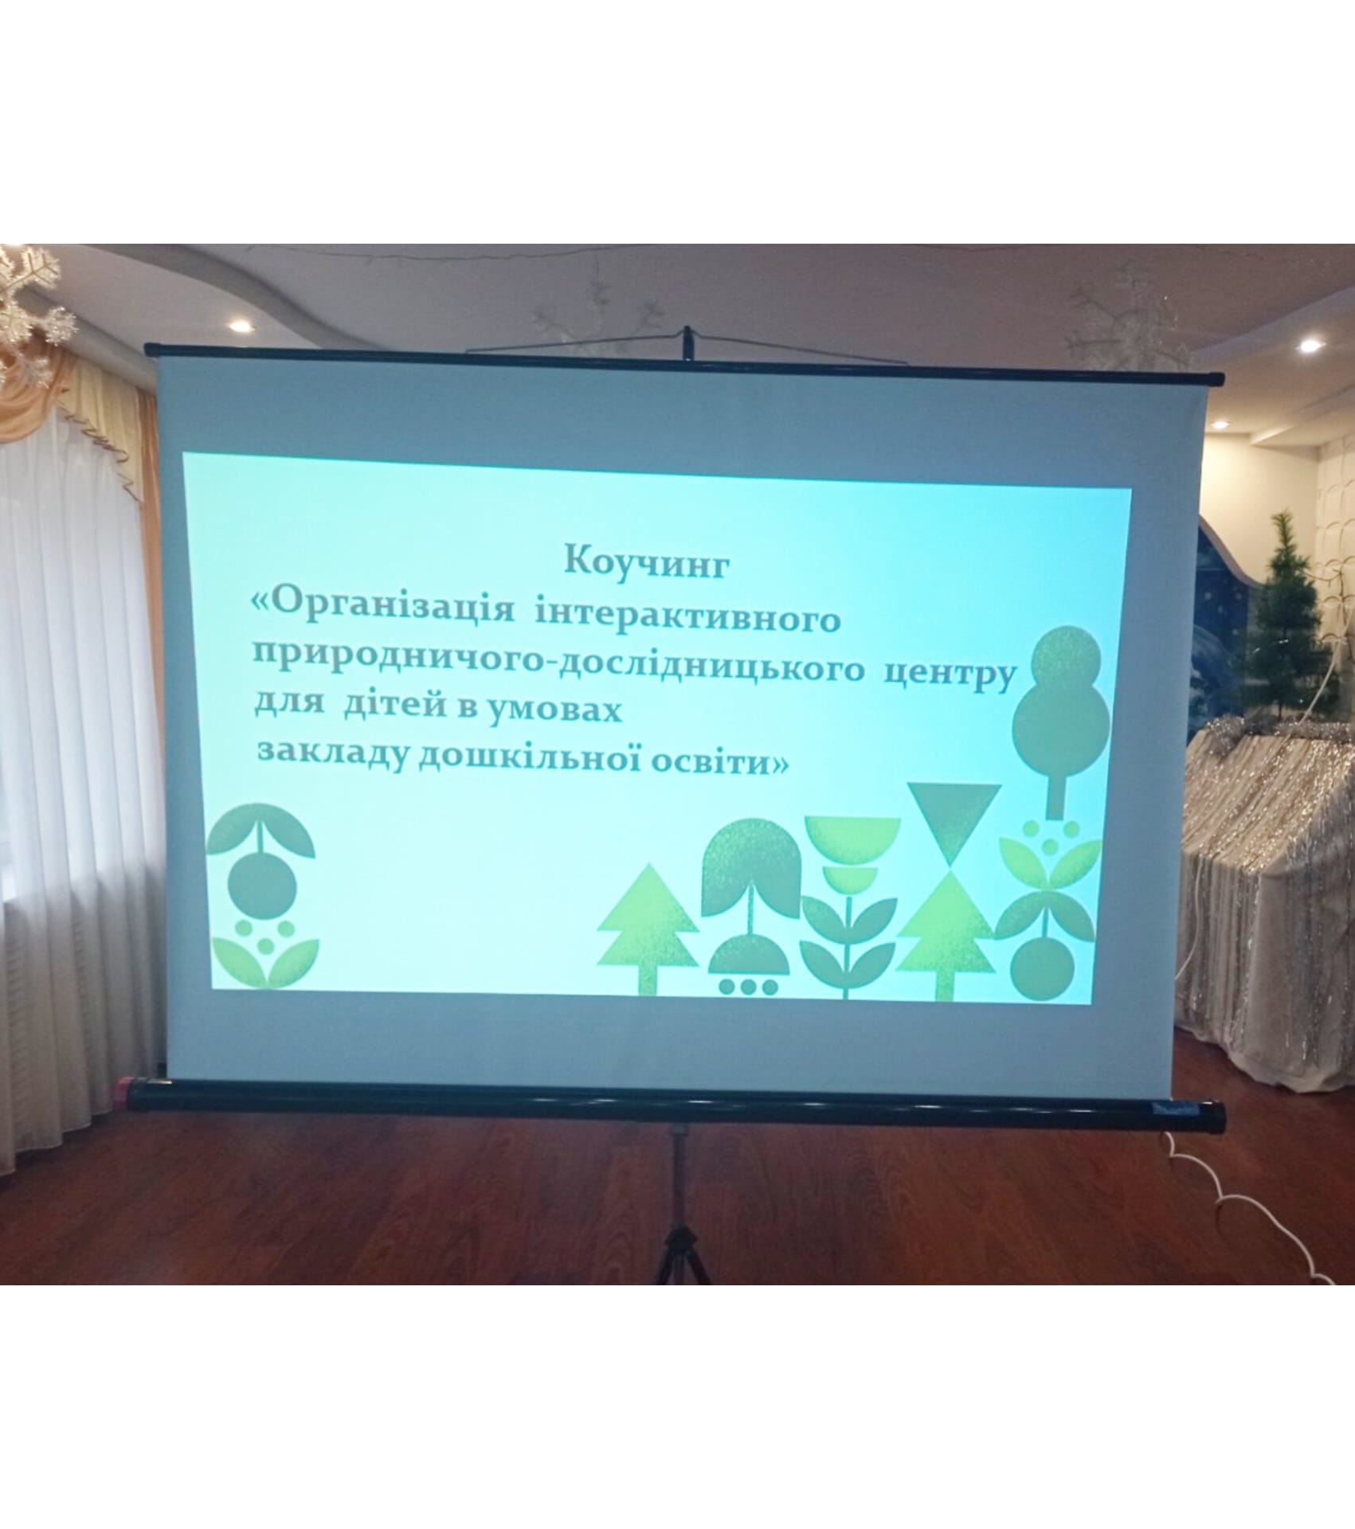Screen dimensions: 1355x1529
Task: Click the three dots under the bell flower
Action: [x=747, y=986]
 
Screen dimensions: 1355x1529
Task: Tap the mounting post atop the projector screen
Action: [x=685, y=347]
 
